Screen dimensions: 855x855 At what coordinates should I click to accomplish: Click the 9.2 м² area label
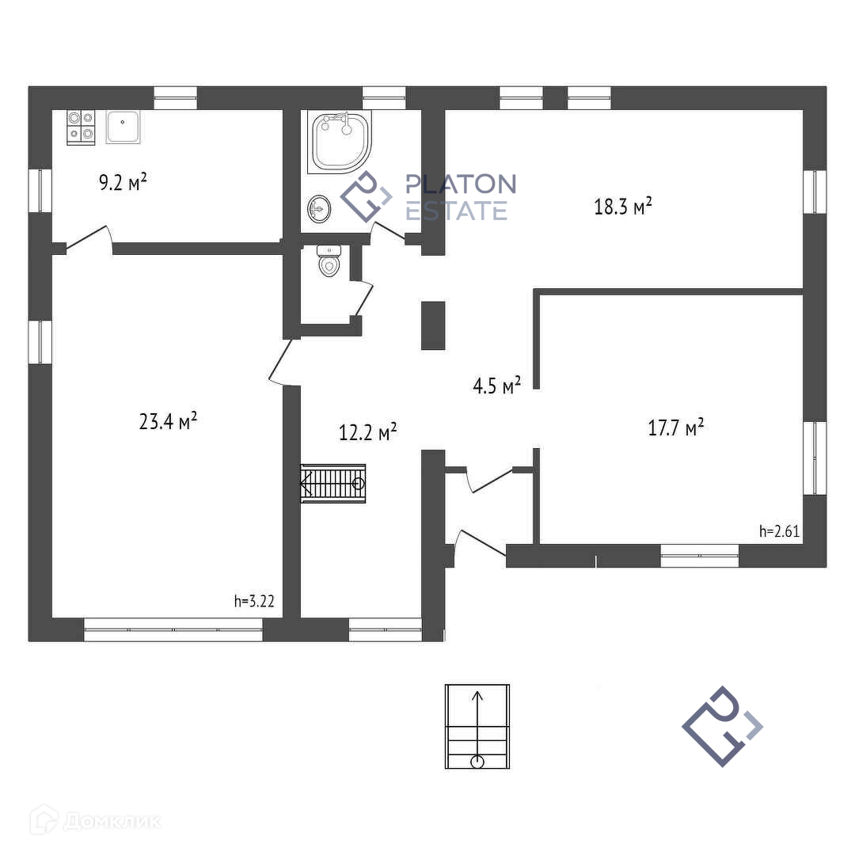tap(123, 183)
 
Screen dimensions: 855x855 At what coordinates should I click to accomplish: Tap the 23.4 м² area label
tap(168, 420)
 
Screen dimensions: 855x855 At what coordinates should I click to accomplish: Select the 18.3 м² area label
tap(623, 206)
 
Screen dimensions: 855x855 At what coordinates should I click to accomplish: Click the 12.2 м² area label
tap(367, 432)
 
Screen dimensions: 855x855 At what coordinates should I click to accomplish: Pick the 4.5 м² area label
tap(496, 386)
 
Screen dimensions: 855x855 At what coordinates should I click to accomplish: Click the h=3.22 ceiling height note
tap(254, 601)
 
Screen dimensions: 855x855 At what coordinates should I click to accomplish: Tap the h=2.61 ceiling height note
tap(779, 531)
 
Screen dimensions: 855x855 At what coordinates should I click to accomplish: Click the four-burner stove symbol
tap(81, 127)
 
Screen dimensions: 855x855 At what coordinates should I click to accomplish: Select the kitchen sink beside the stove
tap(123, 127)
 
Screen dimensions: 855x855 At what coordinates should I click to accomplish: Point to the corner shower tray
tap(340, 142)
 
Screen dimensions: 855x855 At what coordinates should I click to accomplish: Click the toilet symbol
tap(329, 260)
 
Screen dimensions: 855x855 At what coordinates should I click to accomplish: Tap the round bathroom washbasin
tap(319, 209)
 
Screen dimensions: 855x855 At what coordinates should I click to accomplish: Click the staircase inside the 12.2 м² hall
tap(333, 483)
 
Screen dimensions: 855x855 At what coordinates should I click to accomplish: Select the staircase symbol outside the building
tap(477, 726)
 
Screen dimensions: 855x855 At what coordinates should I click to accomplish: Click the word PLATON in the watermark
tap(460, 184)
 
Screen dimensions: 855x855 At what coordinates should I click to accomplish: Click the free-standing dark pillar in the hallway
tap(432, 325)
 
